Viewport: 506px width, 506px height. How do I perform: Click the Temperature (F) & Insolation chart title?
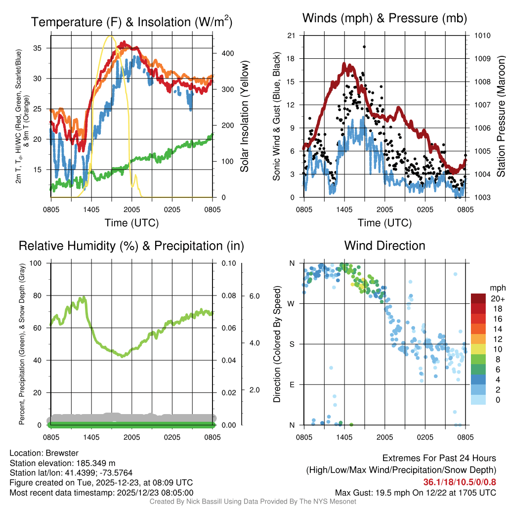coord(132,22)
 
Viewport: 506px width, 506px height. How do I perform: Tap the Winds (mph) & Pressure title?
coord(384,19)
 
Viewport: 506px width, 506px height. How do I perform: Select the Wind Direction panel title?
coord(384,246)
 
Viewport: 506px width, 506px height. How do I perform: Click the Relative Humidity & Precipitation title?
coord(131,246)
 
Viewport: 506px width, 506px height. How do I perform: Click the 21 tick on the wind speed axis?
coord(292,36)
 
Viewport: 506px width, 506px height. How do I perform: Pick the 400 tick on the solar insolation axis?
coord(223,53)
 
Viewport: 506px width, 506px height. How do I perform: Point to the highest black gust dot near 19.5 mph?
coord(364,47)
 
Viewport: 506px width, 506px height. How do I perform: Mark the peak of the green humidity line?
coord(84,297)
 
